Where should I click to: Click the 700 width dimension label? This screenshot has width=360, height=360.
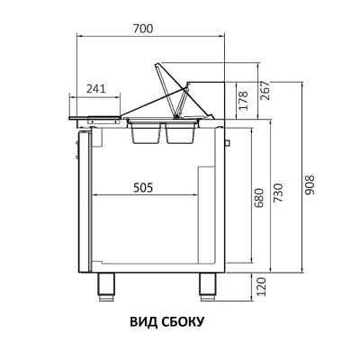click(143, 29)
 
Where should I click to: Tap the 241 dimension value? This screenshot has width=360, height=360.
click(96, 89)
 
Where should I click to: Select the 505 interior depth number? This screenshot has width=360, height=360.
click(143, 187)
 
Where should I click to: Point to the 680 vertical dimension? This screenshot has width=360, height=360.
click(259, 198)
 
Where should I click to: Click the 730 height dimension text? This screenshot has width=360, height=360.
click(278, 193)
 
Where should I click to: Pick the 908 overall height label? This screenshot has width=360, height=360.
click(310, 185)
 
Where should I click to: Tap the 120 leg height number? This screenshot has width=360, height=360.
click(262, 287)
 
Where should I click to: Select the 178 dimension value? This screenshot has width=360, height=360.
click(243, 101)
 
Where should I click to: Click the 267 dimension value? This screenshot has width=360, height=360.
click(265, 91)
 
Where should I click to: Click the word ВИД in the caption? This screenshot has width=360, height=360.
click(143, 322)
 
